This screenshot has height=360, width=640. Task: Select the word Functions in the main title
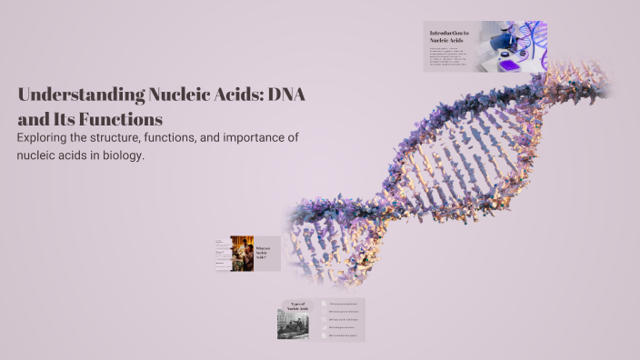tap(117, 119)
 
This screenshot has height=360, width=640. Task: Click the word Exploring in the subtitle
tap(46, 137)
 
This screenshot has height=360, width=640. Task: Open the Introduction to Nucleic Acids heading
tap(449, 37)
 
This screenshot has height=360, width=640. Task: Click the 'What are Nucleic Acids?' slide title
tap(263, 254)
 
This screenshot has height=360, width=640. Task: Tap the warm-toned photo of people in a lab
tap(242, 254)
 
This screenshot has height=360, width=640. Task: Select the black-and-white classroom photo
tap(293, 325)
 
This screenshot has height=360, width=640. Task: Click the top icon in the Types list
tap(323, 304)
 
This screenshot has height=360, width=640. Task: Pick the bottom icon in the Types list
tap(323, 335)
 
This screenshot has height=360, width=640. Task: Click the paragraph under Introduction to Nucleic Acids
tap(451, 57)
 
